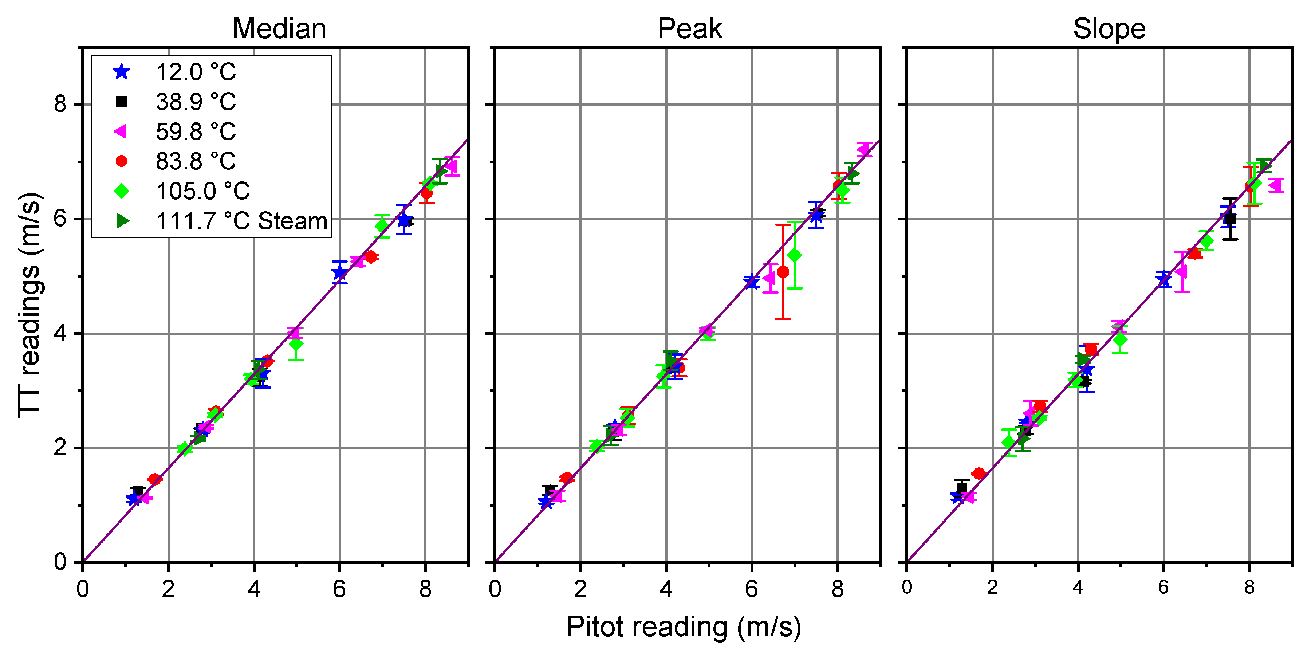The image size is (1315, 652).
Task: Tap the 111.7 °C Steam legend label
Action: pos(241,221)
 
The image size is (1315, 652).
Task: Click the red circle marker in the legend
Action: pos(122,161)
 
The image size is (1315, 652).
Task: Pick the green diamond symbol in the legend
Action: pos(122,191)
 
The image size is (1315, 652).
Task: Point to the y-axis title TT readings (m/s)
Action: pos(29,305)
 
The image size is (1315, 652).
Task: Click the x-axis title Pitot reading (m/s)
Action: pos(684,627)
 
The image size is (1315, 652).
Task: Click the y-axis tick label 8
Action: pos(60,104)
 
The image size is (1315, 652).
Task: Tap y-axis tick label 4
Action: pos(60,333)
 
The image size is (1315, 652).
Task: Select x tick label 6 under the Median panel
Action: pos(339,589)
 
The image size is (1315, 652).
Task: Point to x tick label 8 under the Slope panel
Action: pos(1249,587)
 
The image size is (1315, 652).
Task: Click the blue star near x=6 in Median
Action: pos(339,273)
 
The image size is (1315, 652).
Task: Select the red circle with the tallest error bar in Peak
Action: pos(783,272)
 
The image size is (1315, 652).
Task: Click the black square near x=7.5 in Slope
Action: pos(1230,219)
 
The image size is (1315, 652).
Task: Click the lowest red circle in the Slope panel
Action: pos(979,473)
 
